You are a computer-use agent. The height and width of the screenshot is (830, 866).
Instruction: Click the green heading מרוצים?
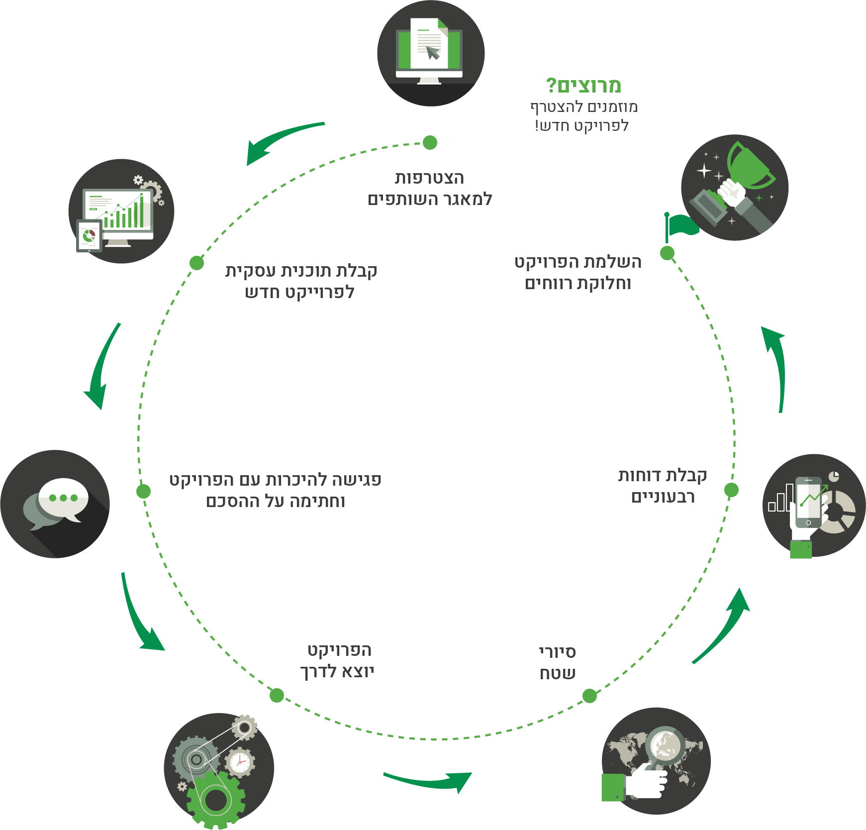(x=583, y=86)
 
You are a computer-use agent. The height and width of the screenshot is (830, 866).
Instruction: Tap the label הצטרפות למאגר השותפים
(x=430, y=189)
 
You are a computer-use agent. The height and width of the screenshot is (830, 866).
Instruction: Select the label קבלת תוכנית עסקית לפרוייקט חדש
(x=301, y=282)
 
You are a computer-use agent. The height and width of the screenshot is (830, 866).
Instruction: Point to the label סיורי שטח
(x=558, y=663)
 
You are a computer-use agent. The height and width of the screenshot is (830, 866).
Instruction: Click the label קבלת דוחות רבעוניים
(x=663, y=486)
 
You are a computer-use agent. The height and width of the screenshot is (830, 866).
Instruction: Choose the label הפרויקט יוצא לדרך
(x=337, y=661)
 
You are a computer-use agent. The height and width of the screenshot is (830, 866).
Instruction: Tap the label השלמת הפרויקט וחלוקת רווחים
(x=578, y=273)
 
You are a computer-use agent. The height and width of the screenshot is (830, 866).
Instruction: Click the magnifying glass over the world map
(x=664, y=748)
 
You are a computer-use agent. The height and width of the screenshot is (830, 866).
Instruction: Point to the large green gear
(x=216, y=800)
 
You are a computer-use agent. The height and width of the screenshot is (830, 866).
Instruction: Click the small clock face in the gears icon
(x=240, y=762)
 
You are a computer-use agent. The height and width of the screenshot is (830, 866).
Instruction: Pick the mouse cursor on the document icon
(x=433, y=52)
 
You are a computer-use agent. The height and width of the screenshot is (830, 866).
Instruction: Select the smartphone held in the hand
(x=809, y=502)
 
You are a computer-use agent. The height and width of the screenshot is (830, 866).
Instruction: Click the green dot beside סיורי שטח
(x=589, y=696)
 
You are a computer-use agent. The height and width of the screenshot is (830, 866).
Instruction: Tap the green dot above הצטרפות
(x=430, y=142)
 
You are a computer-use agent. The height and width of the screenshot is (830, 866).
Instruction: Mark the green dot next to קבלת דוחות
(x=731, y=490)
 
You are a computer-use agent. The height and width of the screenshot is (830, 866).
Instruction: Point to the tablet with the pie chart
(x=89, y=235)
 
